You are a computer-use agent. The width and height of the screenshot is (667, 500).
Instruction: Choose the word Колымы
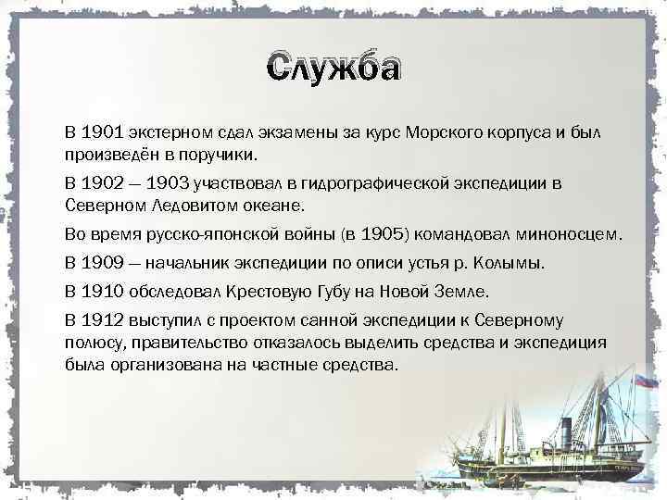pyautogui.click(x=514, y=263)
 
